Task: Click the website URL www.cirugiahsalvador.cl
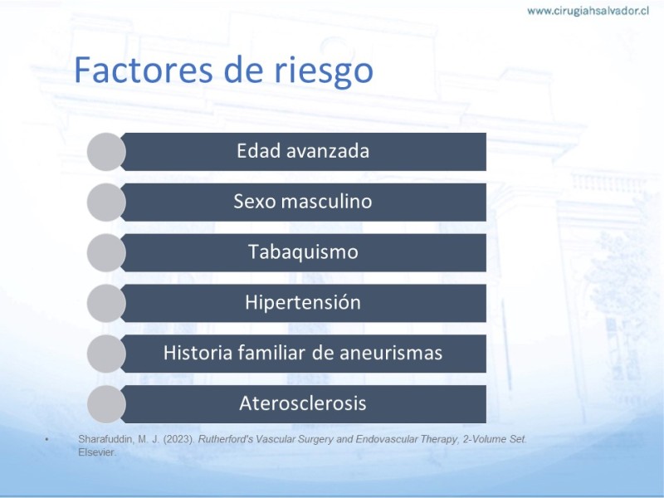point(588,11)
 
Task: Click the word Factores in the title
point(143,71)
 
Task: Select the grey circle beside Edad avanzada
point(106,152)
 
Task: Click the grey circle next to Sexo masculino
point(106,202)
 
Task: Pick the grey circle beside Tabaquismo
point(106,253)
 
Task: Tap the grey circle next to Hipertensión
point(106,303)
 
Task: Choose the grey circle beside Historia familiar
point(106,354)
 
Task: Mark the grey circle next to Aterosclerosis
point(106,404)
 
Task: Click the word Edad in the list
point(258,151)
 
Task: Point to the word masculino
point(326,201)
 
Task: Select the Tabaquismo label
point(303,252)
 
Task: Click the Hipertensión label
point(303,302)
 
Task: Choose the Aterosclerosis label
point(303,403)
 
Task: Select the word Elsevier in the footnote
point(97,452)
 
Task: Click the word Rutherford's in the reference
point(225,439)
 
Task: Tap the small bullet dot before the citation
point(46,440)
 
